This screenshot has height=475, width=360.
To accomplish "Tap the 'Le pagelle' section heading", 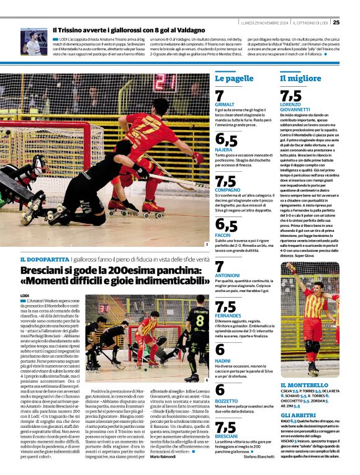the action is pyautogui.click(x=234, y=79).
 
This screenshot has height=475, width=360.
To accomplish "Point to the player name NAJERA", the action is pyautogui.click(x=223, y=150).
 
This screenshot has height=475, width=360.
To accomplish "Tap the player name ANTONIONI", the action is pyautogui.click(x=227, y=275).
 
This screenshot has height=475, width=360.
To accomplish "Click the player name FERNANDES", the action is pyautogui.click(x=228, y=316).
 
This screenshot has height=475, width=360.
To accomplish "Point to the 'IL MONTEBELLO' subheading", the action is pyautogui.click(x=300, y=385).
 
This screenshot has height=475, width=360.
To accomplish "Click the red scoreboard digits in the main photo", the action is pyautogui.click(x=165, y=82).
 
